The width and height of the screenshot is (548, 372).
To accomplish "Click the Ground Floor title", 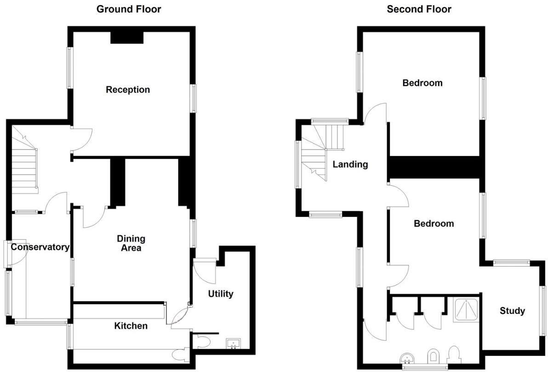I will [x=129, y=9].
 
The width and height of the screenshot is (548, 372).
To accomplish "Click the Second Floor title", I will [x=419, y=9].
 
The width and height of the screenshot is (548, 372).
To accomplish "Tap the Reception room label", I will [x=128, y=89].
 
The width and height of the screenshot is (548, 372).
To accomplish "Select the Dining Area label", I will [x=131, y=243].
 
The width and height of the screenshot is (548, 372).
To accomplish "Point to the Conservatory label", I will [x=40, y=247].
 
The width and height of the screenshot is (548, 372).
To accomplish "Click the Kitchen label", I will [x=131, y=326].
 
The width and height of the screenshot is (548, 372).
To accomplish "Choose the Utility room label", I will [x=221, y=294].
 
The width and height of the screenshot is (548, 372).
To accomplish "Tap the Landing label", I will [x=350, y=164].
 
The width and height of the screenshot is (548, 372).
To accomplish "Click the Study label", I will [x=512, y=311].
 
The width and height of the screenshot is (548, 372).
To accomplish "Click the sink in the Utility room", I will [x=234, y=343].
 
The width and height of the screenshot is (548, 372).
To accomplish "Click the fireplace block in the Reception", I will [x=127, y=37].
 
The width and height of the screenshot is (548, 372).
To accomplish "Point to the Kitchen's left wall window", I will [x=70, y=336].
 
